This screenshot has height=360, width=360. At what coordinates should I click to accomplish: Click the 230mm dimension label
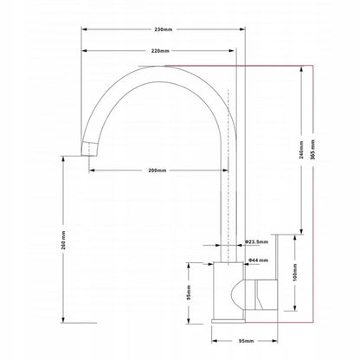(164, 29)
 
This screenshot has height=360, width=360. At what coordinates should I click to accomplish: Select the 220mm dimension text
(160, 51)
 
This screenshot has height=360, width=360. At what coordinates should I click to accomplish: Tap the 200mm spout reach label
(157, 170)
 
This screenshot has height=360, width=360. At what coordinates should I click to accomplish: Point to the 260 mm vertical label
(63, 240)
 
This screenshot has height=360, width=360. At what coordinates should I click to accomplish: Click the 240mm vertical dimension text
(301, 150)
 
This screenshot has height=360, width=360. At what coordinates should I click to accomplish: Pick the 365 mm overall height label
(313, 149)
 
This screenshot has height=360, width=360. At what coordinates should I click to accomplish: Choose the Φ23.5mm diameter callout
(256, 241)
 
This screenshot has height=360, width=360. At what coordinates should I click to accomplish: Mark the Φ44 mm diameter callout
(258, 260)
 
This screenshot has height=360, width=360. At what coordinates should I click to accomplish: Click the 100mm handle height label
(295, 273)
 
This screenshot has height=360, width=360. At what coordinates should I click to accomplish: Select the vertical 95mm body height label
(188, 292)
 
